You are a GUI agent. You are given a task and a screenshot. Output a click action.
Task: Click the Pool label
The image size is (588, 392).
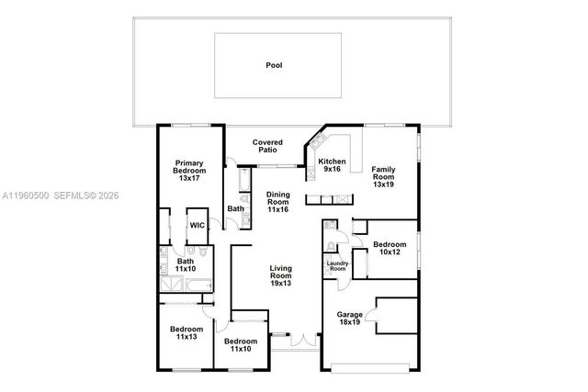[x=274, y=65]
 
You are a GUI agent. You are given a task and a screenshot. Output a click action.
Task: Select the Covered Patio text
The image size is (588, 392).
[x=268, y=146]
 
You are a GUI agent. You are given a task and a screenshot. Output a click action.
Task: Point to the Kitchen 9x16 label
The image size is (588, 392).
[x=331, y=165]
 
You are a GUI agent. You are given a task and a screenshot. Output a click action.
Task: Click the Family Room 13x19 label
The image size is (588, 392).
[x=384, y=176]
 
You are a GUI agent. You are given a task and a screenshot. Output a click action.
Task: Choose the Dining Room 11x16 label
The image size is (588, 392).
[x=277, y=202]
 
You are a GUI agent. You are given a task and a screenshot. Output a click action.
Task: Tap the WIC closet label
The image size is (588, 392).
[x=197, y=225]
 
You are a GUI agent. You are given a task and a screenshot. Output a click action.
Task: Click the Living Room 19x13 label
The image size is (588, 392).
[x=280, y=276]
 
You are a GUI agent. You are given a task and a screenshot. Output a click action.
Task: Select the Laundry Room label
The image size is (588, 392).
[x=337, y=266]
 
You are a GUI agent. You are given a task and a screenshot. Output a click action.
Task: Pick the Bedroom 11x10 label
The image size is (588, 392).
[x=241, y=345]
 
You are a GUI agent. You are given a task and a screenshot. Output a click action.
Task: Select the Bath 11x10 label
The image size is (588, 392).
[x=186, y=264]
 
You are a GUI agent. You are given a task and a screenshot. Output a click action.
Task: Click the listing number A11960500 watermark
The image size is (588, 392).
[x=25, y=195]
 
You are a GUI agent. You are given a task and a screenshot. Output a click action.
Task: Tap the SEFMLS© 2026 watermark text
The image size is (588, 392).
[x=88, y=195]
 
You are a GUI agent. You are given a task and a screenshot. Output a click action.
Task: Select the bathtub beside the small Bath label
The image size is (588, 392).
[x=243, y=185]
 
